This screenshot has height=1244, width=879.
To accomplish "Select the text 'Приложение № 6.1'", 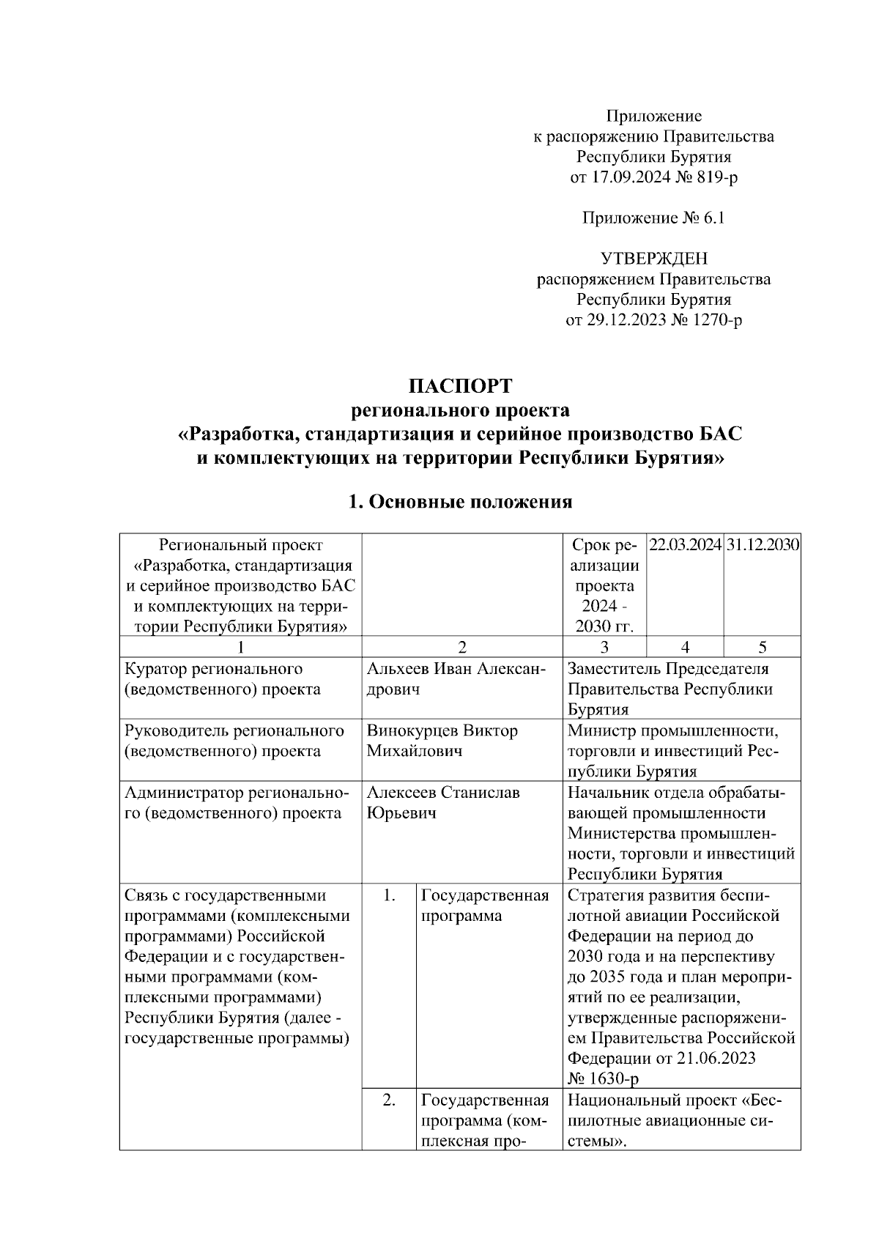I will tap(653, 218).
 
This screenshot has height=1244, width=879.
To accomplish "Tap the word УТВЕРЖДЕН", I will tap(653, 259).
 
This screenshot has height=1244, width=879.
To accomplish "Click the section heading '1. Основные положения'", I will tap(460, 502).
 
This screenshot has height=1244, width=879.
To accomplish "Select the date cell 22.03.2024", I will tap(686, 546).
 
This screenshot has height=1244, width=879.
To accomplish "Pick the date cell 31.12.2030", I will tap(763, 546).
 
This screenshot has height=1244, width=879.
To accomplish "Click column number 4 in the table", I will tap(685, 647).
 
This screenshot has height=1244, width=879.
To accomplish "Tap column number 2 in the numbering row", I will tap(461, 647).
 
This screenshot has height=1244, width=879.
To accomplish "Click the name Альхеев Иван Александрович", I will tap(455, 679).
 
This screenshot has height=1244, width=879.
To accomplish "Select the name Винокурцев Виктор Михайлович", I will tap(442, 741).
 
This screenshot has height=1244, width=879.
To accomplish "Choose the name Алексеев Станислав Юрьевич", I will tap(443, 803).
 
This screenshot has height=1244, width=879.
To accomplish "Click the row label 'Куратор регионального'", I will tap(214, 669).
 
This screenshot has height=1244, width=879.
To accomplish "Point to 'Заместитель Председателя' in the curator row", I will tap(668, 669).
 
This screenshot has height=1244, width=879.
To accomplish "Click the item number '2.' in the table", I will tap(389, 1100).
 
